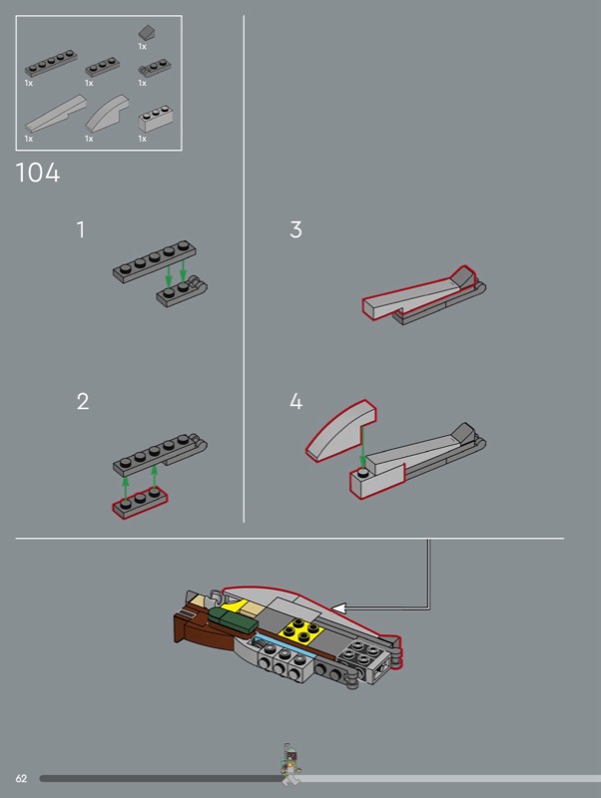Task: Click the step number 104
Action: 38,173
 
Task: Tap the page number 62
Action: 21,778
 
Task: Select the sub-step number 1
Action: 81,229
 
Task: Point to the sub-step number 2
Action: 83,402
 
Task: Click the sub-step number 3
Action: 296,229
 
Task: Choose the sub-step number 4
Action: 296,402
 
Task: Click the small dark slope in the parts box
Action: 147,33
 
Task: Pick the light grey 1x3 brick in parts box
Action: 155,119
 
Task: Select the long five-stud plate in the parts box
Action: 51,63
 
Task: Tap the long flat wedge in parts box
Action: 55,114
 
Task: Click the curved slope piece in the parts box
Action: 107,114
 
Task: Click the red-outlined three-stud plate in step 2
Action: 140,502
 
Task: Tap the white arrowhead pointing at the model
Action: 338,607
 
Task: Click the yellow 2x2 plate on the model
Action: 301,631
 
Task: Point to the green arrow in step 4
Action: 362,447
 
